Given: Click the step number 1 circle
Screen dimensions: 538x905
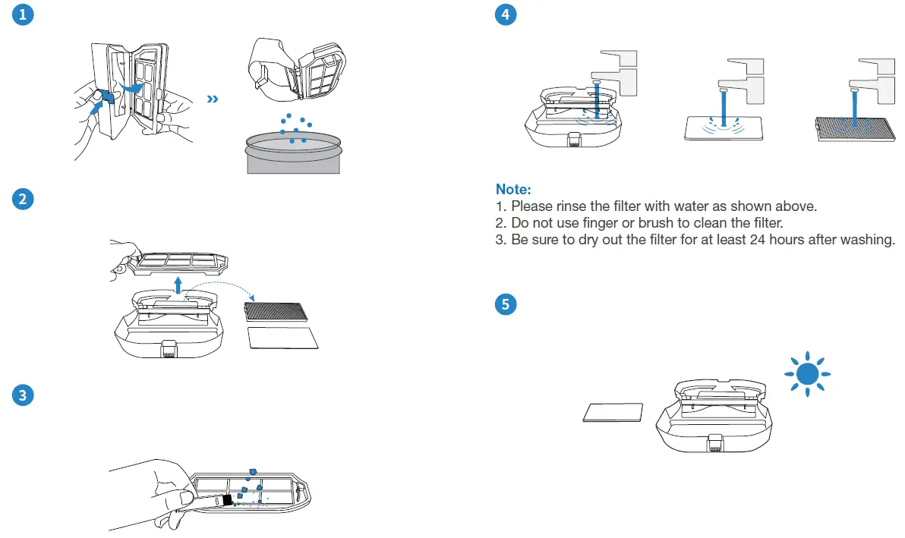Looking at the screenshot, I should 23,15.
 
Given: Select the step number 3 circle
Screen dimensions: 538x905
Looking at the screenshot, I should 23,395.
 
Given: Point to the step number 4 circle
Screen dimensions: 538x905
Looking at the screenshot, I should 504,15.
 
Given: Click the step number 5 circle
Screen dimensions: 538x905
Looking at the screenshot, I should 504,304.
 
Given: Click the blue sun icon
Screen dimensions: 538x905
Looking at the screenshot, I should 807,373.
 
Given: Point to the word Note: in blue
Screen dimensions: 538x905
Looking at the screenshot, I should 513,189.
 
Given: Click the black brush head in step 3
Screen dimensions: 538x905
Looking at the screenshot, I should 226,500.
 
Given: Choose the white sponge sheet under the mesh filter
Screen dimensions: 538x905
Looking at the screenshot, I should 283,338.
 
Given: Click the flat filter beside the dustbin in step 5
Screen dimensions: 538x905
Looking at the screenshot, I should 613,412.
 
